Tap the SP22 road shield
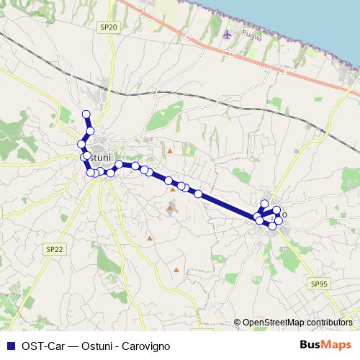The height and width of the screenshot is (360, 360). [55, 248]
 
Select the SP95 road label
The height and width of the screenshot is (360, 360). [320, 284]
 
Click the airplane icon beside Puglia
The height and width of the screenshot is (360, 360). [230, 34]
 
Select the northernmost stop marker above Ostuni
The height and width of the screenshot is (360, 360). [86, 114]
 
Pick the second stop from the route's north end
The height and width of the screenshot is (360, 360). [90, 130]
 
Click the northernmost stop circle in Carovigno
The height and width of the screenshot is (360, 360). [264, 204]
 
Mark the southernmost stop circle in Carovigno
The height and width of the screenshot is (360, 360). [272, 226]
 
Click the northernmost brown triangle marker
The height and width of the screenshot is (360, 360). [169, 152]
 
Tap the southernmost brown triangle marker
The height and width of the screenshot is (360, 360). [176, 270]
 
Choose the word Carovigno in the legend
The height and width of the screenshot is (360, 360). [145, 345]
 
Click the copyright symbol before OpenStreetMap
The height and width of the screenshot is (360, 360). [237, 323]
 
